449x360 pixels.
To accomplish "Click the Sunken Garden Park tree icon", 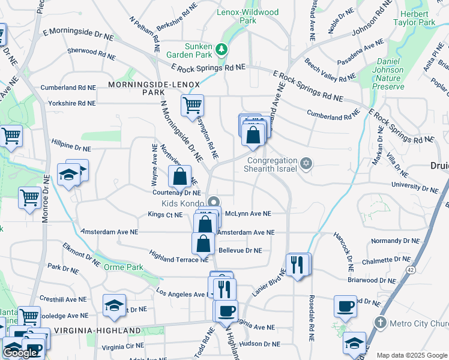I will coord(222,49).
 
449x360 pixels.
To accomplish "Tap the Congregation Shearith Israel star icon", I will coord(306,164).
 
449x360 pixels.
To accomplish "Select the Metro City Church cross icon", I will coord(379,323).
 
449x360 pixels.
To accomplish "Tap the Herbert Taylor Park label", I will coord(414,17).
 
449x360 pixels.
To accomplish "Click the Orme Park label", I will coord(124,267).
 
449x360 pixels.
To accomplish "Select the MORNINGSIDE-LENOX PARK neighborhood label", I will coord(153,88).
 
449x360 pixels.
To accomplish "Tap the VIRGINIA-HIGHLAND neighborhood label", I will coord(97,330).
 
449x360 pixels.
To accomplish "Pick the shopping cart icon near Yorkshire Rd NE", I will coord(192,105).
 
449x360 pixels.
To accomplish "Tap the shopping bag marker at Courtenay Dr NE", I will coord(179,176).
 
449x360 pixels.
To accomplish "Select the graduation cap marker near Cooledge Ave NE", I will coord(114,305).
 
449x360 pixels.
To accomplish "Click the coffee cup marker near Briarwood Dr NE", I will coord(345,306).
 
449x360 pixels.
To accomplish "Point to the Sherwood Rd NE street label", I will coord(91,54).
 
